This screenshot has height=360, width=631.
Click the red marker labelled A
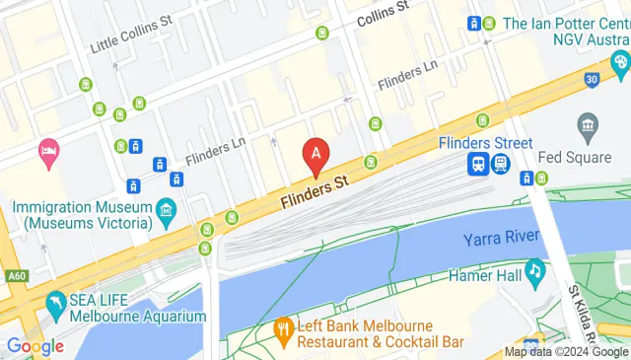click(x=316, y=155)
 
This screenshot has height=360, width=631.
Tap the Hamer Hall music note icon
click(x=534, y=269)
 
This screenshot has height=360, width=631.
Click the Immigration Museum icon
click(x=165, y=209)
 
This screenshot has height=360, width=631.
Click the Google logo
click(x=35, y=346)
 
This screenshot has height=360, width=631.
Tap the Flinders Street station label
click(x=486, y=144)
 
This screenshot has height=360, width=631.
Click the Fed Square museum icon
click(x=588, y=127)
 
